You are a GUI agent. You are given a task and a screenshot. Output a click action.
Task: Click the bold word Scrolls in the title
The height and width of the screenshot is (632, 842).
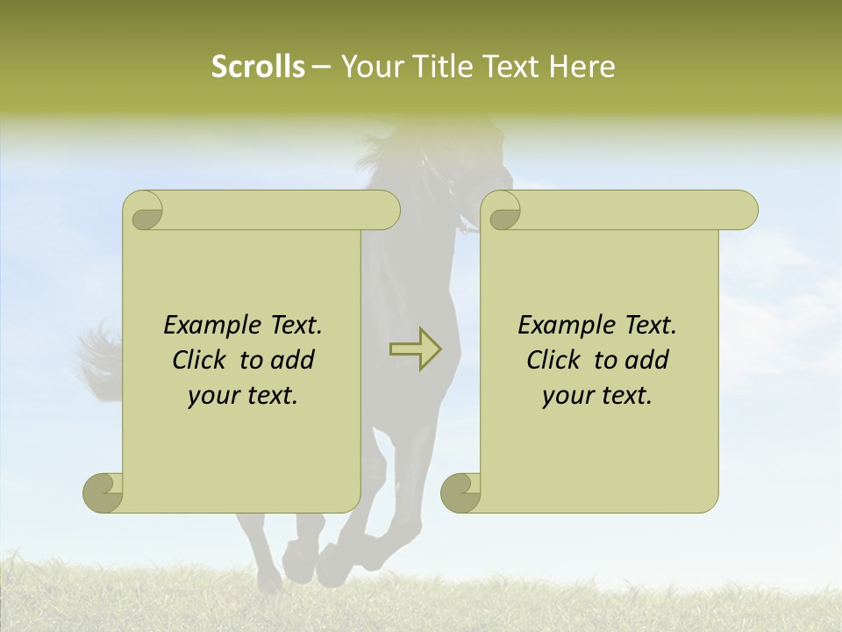coord(258,67)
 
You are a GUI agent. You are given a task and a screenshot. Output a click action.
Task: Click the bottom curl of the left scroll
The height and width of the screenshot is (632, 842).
coord(102,492)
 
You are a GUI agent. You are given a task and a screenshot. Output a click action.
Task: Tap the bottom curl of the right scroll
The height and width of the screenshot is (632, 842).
coord(460,492)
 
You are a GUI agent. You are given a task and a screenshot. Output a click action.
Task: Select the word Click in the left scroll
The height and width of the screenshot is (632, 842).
coord(199,360)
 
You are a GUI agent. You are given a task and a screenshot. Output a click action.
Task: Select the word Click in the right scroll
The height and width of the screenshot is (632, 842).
coord(553,360)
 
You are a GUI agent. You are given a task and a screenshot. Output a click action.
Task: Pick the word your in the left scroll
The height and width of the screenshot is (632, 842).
coord(210,396)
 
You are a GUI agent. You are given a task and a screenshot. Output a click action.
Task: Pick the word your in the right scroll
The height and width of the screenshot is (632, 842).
coord(565,396)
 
